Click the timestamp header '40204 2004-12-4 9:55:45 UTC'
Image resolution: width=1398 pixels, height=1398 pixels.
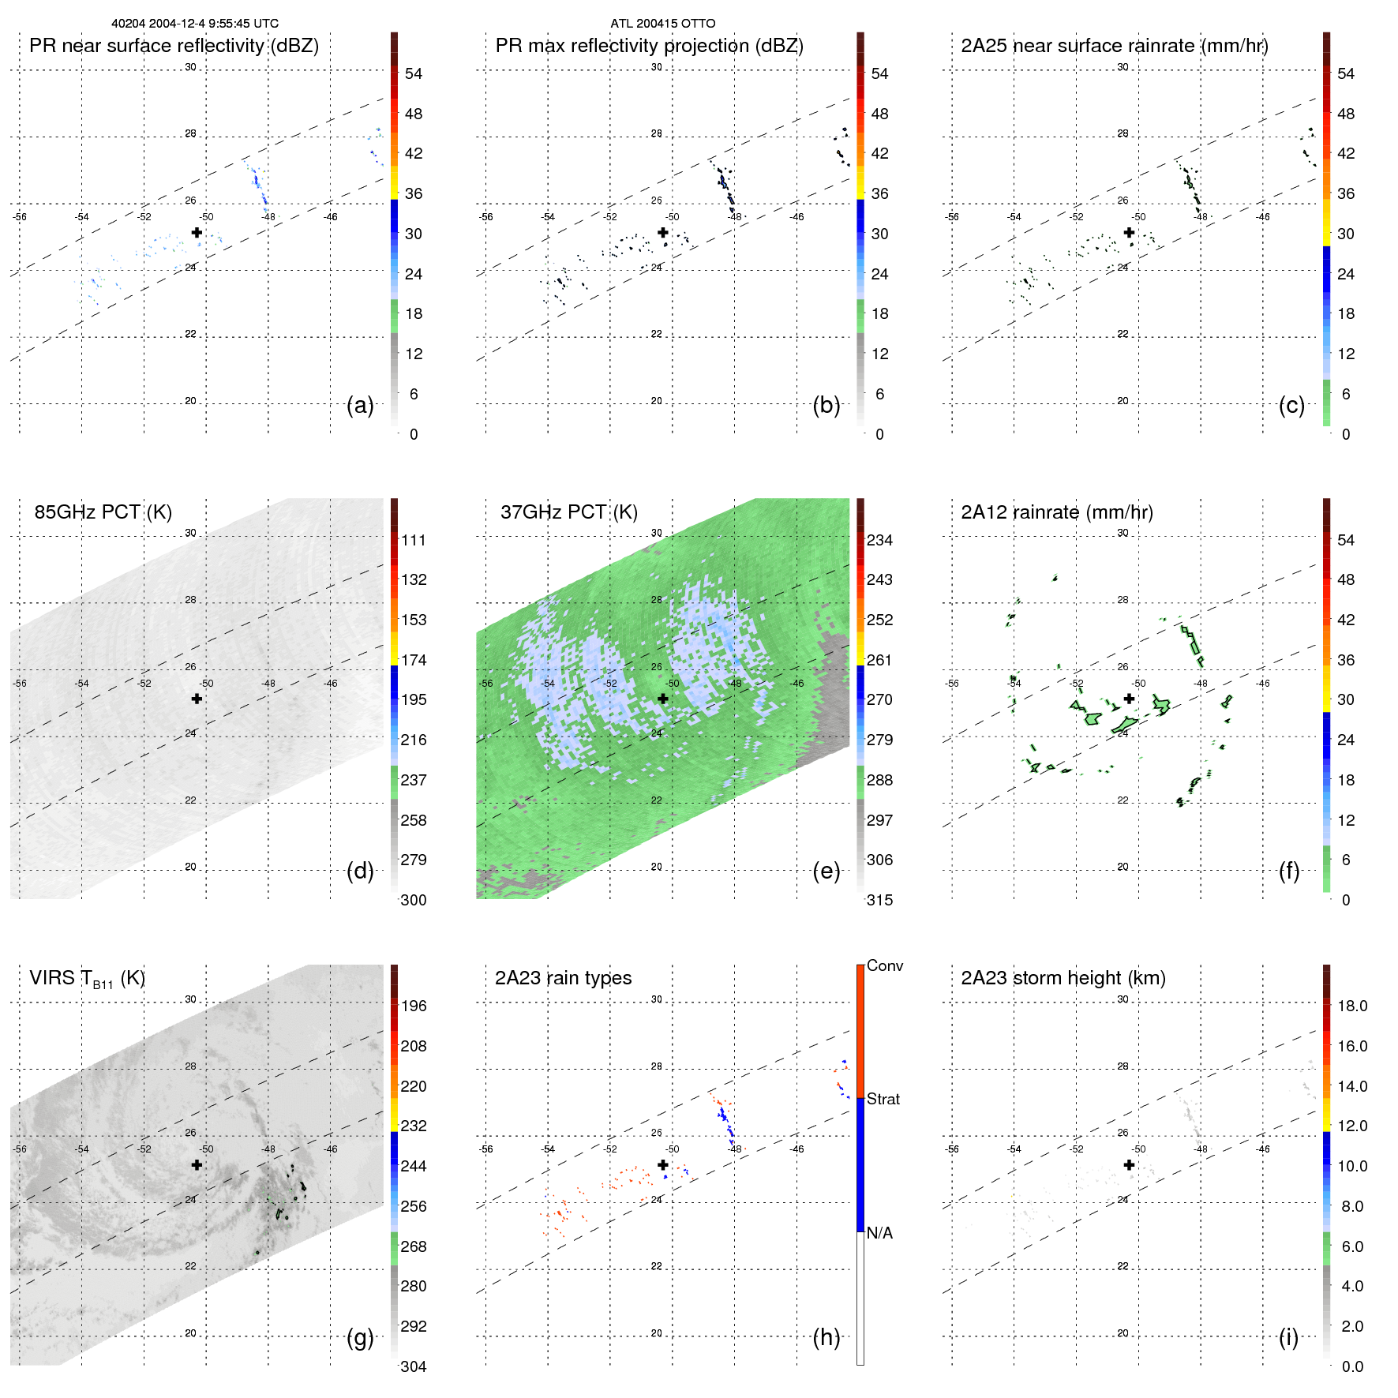click(195, 24)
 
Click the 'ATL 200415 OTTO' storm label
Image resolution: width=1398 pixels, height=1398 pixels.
click(663, 24)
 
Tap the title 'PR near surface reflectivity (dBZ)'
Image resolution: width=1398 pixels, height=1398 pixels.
click(174, 46)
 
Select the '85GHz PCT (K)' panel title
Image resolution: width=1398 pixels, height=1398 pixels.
click(103, 512)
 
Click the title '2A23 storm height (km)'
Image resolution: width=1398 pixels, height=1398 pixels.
click(1063, 978)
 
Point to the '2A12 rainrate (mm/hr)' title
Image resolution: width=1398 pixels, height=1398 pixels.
click(1057, 512)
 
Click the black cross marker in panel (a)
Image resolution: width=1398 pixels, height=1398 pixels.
click(197, 232)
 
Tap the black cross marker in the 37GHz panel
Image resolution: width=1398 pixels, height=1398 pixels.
click(663, 699)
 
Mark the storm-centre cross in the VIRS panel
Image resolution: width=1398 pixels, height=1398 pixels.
click(197, 1164)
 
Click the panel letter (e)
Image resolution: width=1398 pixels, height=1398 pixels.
click(826, 871)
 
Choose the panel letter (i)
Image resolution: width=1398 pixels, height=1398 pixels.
click(1288, 1337)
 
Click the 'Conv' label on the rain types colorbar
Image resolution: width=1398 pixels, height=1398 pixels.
click(885, 965)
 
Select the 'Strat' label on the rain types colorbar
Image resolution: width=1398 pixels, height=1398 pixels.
click(883, 1099)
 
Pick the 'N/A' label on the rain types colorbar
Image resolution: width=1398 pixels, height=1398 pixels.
click(880, 1233)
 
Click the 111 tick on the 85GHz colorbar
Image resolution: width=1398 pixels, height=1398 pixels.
click(414, 540)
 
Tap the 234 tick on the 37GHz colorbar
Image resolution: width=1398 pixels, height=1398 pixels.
click(879, 540)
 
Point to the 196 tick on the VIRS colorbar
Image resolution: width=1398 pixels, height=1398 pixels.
click(414, 1006)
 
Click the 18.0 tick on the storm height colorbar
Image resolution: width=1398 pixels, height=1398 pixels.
click(1352, 1006)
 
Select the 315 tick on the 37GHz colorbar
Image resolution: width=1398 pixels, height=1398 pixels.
click(879, 900)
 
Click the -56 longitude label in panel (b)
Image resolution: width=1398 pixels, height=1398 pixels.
click(486, 217)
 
